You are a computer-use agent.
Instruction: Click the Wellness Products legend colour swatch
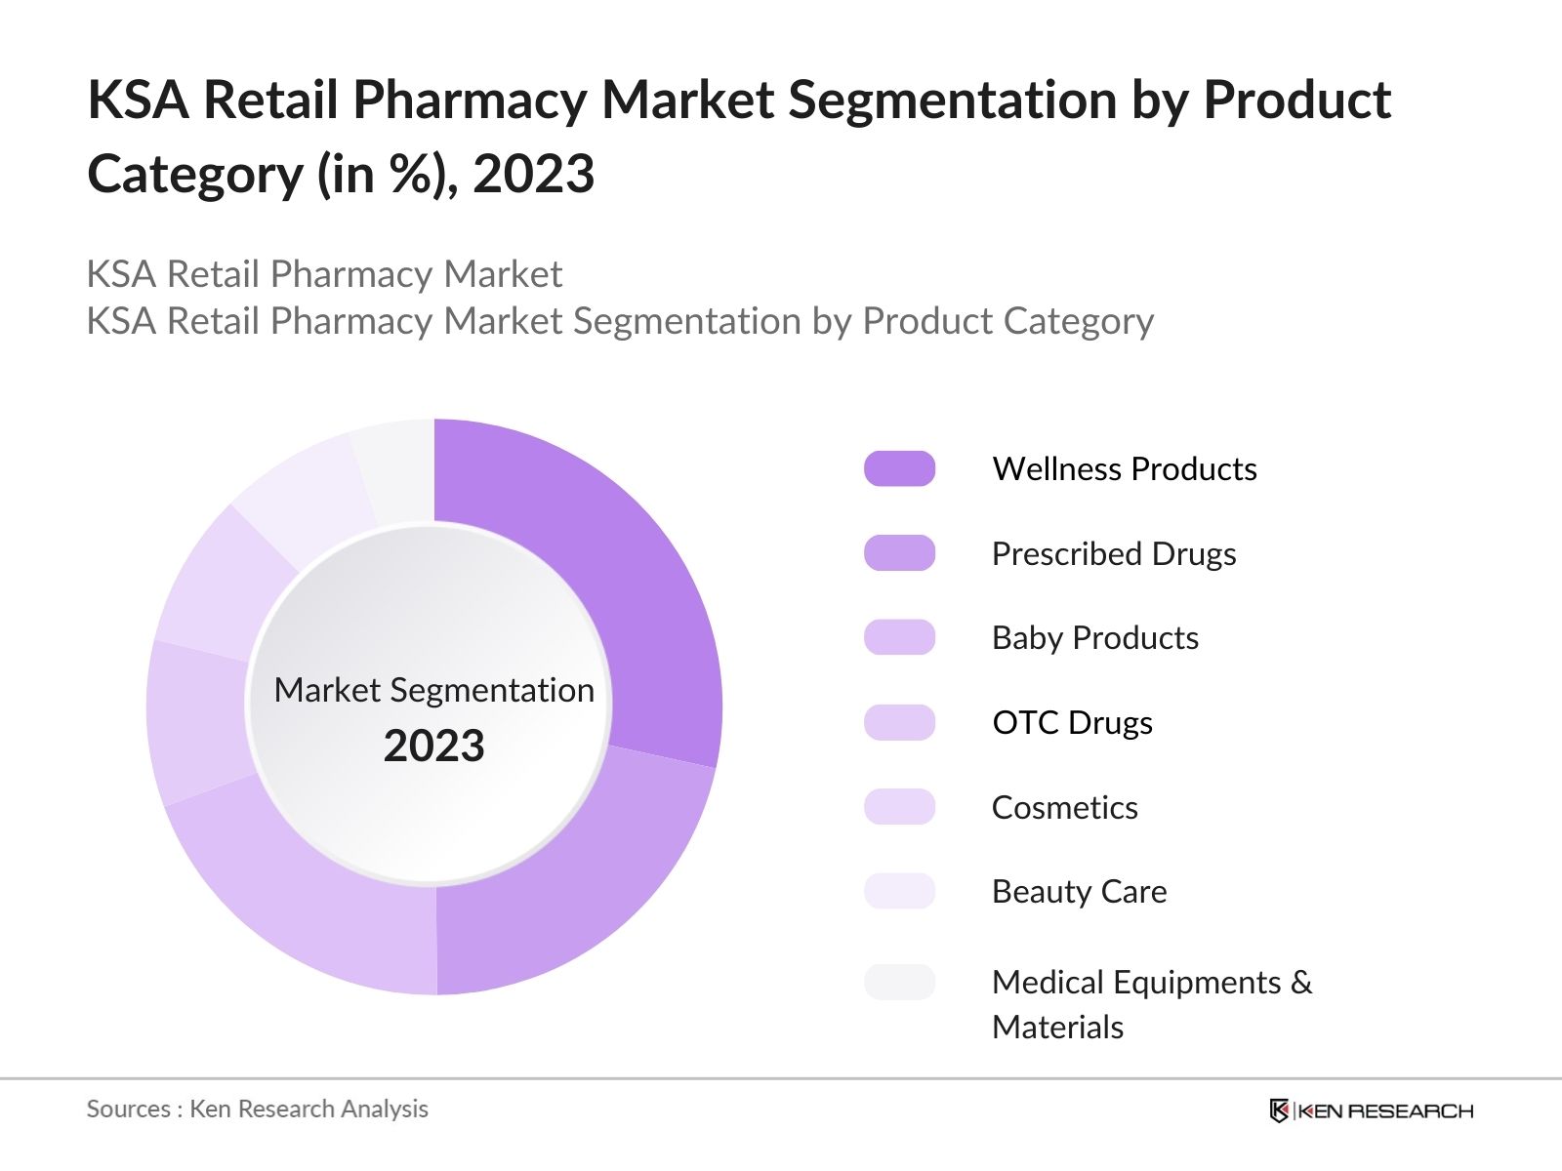899,468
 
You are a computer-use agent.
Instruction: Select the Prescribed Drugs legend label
1113,553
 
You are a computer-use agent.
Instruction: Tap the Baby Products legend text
1094,638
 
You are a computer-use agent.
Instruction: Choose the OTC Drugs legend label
1072,723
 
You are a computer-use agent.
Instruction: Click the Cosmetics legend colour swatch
899,807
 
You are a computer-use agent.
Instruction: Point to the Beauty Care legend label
1079,892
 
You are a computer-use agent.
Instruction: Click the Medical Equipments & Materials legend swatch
899,982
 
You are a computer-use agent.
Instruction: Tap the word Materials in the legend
1057,1028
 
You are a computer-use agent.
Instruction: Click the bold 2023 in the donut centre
433,747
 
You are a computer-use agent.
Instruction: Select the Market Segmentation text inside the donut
433,690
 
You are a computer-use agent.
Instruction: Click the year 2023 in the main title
533,175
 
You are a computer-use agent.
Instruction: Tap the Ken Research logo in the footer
1371,1110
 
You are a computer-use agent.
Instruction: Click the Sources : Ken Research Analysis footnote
257,1110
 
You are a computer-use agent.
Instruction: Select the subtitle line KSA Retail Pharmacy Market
324,274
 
